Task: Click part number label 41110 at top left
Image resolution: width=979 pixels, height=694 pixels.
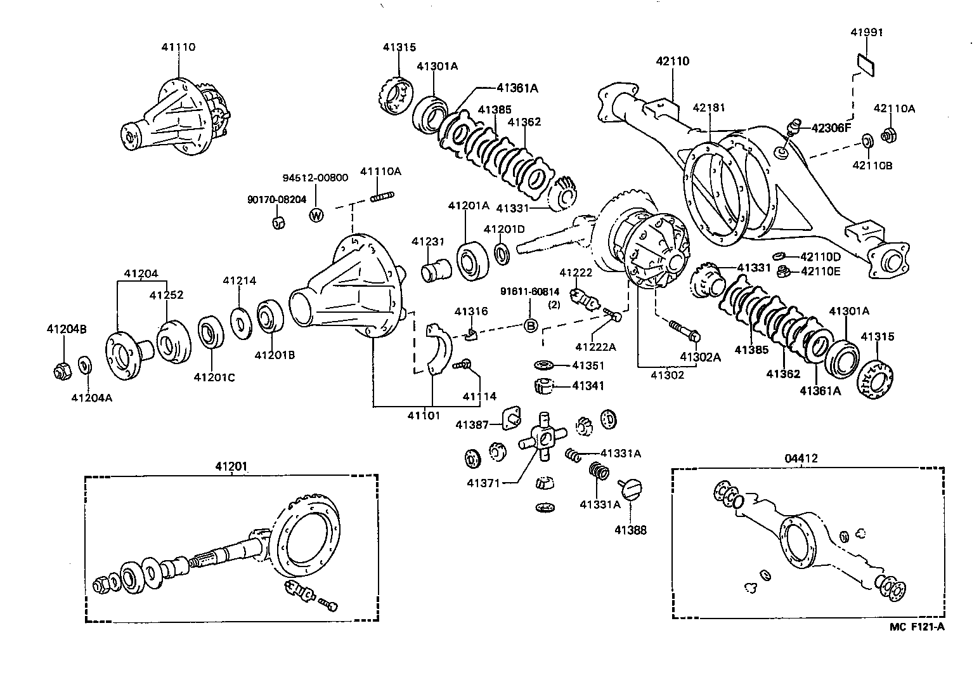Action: click(x=178, y=47)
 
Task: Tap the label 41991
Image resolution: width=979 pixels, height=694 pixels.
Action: click(x=866, y=32)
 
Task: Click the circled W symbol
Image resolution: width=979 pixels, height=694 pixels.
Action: click(x=316, y=215)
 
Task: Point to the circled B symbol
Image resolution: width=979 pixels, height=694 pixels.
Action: click(x=530, y=326)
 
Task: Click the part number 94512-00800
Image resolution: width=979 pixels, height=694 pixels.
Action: click(x=315, y=178)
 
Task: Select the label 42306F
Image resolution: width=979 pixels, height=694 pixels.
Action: click(x=831, y=128)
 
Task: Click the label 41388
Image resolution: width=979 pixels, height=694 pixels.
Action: click(x=630, y=530)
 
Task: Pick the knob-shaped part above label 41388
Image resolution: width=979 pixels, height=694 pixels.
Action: click(x=631, y=488)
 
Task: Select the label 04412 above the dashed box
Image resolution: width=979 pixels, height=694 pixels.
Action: click(x=801, y=458)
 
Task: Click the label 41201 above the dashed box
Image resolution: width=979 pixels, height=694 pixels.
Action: click(x=231, y=466)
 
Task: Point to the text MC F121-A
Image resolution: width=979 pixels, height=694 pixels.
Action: click(x=917, y=627)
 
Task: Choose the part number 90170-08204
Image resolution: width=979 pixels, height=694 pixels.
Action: click(x=276, y=199)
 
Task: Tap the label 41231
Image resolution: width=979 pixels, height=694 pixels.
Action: click(x=428, y=242)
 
